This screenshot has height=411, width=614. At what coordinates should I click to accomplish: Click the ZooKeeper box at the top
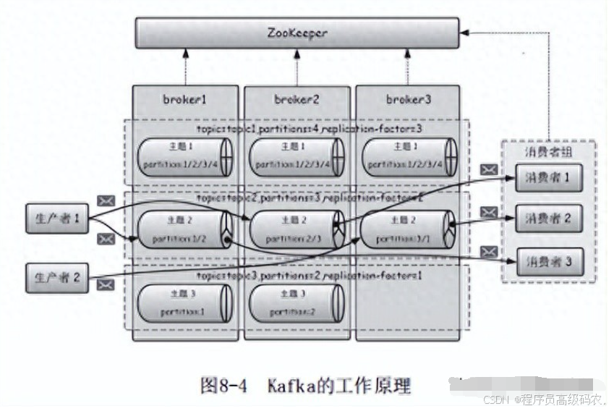(x=297, y=33)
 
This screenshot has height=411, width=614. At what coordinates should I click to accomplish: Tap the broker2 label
(x=297, y=99)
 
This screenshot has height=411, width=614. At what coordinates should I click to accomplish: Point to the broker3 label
(x=408, y=99)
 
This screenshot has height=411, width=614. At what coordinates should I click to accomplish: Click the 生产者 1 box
(x=56, y=219)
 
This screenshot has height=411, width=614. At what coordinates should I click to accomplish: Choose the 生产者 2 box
(x=56, y=279)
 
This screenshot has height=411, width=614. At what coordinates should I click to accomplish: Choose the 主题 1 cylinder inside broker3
(x=408, y=157)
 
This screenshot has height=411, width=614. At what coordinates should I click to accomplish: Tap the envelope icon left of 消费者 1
(x=490, y=170)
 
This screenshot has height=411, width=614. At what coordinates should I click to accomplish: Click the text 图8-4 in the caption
(x=223, y=385)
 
